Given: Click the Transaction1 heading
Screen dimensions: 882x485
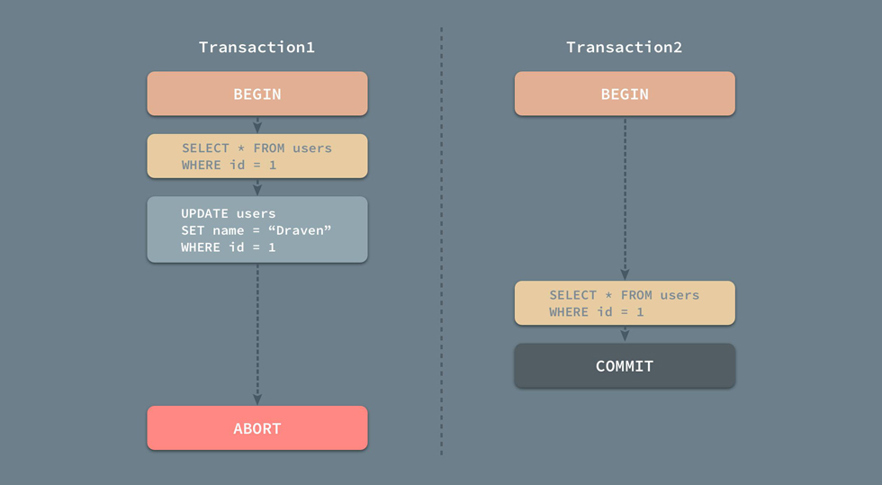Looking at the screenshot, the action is coord(256,48).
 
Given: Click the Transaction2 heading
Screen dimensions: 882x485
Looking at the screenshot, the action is coord(624,48).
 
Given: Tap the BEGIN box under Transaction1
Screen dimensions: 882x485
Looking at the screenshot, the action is coord(257,94).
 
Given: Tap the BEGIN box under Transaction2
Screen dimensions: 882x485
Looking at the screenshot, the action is coord(625,94).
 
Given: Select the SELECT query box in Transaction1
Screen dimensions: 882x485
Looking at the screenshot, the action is coord(257,156).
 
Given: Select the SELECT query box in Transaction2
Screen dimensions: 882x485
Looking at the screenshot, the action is coord(625,302).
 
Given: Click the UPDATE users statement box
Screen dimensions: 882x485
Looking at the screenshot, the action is coord(257,229).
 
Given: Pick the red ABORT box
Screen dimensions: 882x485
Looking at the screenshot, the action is coord(257,427).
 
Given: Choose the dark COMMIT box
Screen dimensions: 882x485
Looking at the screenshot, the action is coord(625,365).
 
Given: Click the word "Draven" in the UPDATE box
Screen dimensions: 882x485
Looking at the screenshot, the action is coord(300,230).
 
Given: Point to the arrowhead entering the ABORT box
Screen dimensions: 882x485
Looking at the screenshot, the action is coord(257,400).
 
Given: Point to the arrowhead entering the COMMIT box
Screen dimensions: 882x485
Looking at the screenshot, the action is coord(625,336).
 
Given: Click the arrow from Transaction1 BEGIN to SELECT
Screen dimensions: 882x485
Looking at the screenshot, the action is coord(257,125).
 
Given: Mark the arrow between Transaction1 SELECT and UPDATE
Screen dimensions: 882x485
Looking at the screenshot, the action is coord(257,187).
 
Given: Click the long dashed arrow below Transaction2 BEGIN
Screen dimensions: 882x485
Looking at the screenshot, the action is coord(625,199).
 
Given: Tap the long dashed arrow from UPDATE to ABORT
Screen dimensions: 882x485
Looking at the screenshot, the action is coord(257,334).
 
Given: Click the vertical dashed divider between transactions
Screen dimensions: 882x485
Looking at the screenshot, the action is coord(442,241).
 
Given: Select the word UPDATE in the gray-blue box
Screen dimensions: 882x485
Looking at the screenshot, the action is coord(204,214).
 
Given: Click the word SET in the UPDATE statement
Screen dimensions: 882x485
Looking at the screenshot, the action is coord(193,230).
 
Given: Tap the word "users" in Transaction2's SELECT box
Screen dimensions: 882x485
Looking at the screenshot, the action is coord(679,295).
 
